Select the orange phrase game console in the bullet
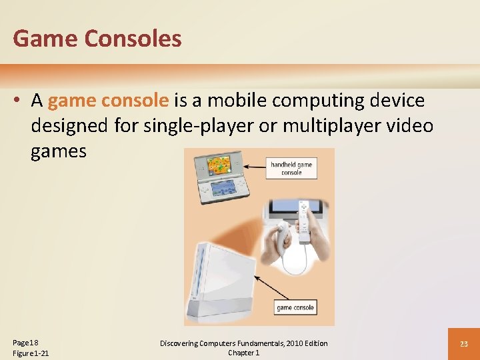coord(108,101)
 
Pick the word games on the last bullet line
coord(59,151)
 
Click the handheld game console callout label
coord(291,168)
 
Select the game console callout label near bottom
coord(295,307)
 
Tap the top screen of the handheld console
coord(217,163)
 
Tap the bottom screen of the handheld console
coord(222,187)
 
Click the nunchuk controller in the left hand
coord(282,233)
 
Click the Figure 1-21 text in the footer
coord(31,353)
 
